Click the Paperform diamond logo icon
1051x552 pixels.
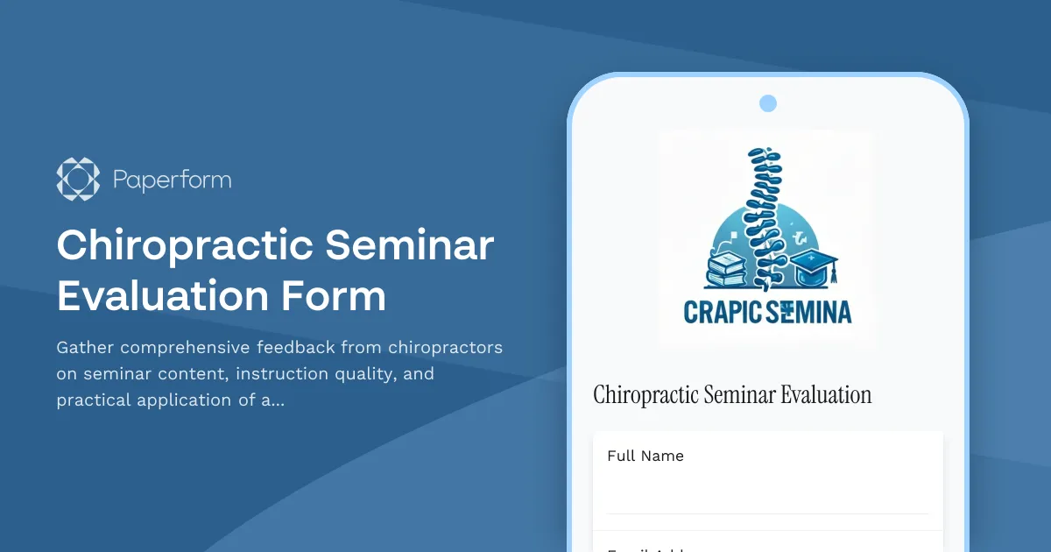(78, 180)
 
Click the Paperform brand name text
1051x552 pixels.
(172, 180)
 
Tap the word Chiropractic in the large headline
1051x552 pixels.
(184, 246)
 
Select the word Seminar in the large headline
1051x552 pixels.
(410, 246)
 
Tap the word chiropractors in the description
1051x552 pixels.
(445, 348)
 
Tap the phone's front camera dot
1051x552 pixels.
(768, 103)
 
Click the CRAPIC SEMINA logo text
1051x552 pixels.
(767, 311)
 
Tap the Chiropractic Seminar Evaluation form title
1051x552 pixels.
(732, 395)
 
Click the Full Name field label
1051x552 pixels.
(645, 456)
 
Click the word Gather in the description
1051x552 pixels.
(84, 348)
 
